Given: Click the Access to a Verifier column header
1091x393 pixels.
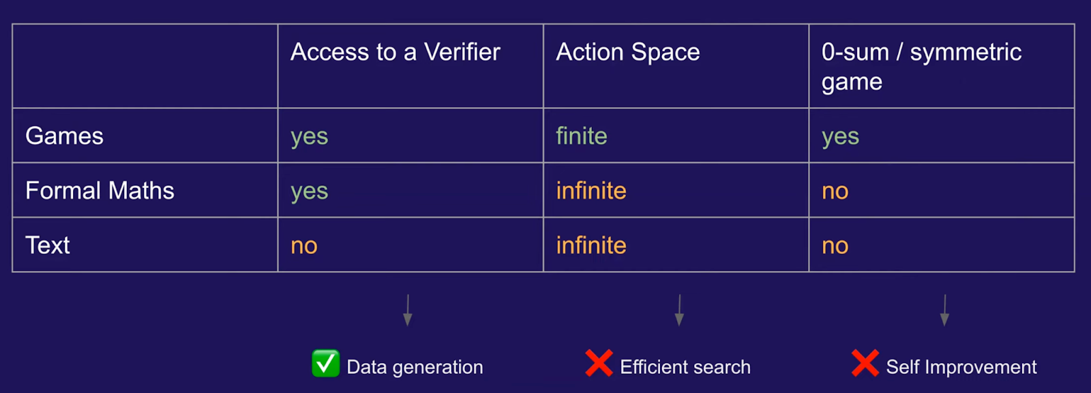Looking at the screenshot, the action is pyautogui.click(x=395, y=52).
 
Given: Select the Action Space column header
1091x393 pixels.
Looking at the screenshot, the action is pyautogui.click(x=628, y=52).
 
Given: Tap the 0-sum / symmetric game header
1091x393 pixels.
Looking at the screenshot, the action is pyautogui.click(x=921, y=67).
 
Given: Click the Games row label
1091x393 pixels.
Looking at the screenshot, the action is pyautogui.click(x=64, y=136).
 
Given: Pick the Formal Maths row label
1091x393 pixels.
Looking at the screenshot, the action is pyautogui.click(x=100, y=190).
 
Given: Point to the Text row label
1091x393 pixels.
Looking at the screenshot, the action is pyautogui.click(x=48, y=245).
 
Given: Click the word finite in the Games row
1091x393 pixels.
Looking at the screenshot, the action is pyautogui.click(x=582, y=136).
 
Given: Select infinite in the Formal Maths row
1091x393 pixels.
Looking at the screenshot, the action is pyautogui.click(x=591, y=190).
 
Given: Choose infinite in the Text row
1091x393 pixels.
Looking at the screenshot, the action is pyautogui.click(x=591, y=245).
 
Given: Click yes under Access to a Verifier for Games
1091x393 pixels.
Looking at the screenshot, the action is pyautogui.click(x=310, y=138).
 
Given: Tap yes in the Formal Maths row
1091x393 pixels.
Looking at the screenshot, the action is pyautogui.click(x=310, y=192).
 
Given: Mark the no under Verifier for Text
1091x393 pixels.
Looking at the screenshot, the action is pyautogui.click(x=304, y=247).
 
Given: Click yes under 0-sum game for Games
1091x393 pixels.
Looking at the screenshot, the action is pyautogui.click(x=840, y=138).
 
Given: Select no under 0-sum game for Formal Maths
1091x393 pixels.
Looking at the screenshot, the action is pyautogui.click(x=835, y=192).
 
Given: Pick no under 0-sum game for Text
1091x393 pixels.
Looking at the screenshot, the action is pyautogui.click(x=835, y=247).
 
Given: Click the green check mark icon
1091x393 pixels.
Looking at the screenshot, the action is pyautogui.click(x=326, y=363).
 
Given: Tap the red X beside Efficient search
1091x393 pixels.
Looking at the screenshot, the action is pyautogui.click(x=599, y=363).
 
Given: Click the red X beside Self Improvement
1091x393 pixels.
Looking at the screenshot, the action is pyautogui.click(x=865, y=363).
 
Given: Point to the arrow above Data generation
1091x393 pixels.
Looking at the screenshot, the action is pyautogui.click(x=408, y=310).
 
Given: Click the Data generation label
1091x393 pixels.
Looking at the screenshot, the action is pyautogui.click(x=415, y=367).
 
